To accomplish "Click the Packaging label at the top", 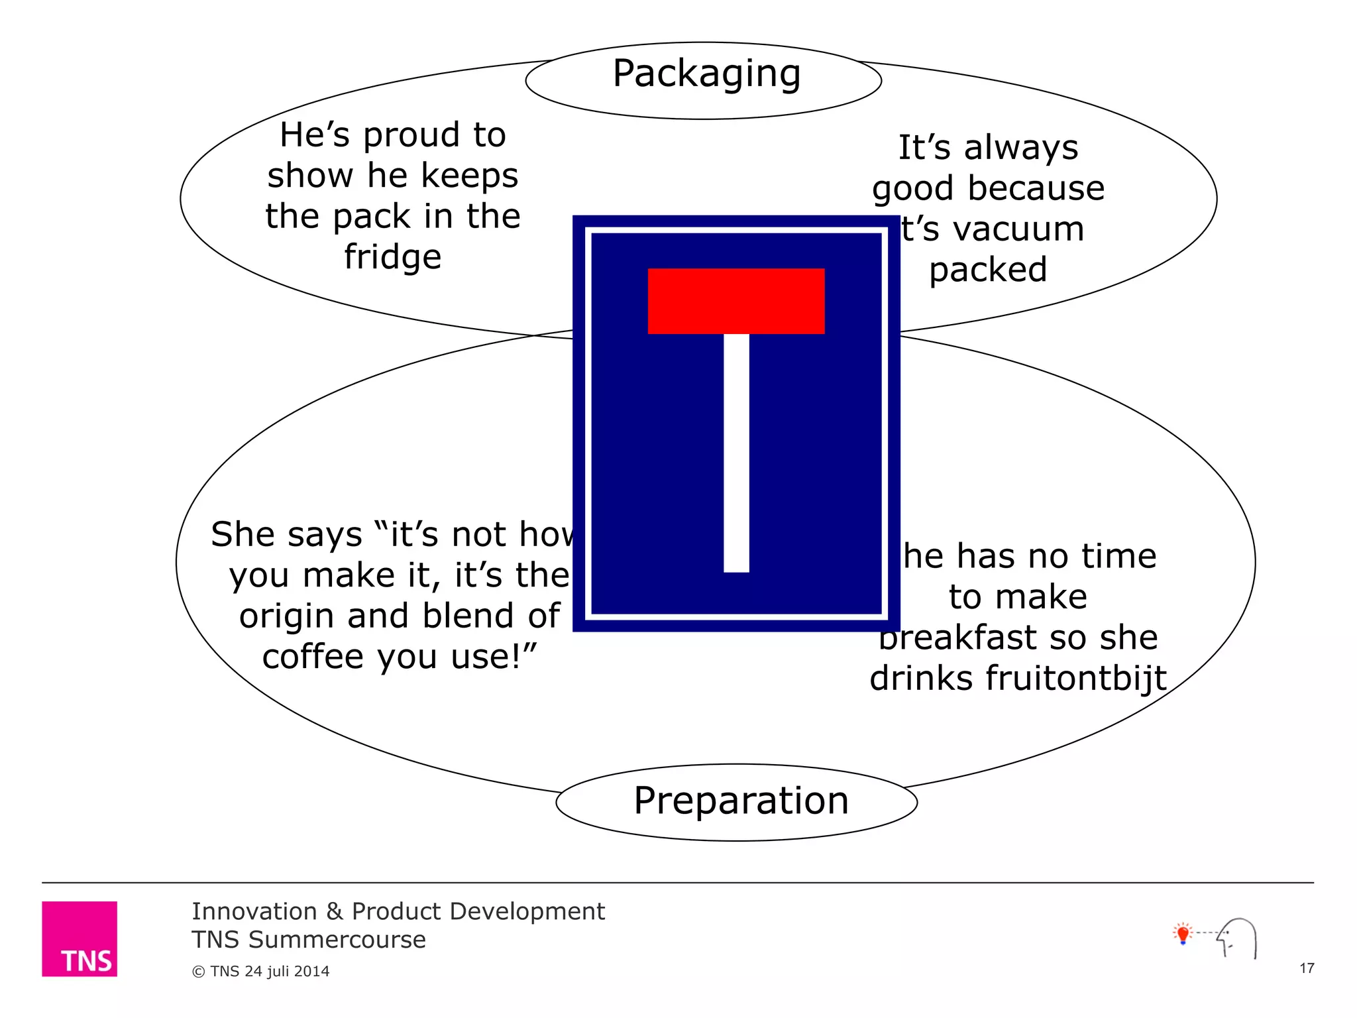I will tap(706, 74).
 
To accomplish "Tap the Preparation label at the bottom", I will tap(741, 801).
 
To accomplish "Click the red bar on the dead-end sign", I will tap(735, 301).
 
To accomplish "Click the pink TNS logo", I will tap(80, 938).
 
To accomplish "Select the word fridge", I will tap(392, 257).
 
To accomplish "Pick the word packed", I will tap(988, 270).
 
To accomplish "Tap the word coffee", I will tap(313, 657).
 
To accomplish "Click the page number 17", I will tap(1307, 968).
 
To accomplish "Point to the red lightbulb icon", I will tap(1183, 934).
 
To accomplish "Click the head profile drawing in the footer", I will tap(1238, 937).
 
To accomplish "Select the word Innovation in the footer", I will tap(254, 912).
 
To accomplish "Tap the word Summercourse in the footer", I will tap(337, 940).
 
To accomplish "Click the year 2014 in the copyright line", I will tap(311, 972).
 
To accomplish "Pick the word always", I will tap(1021, 148).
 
